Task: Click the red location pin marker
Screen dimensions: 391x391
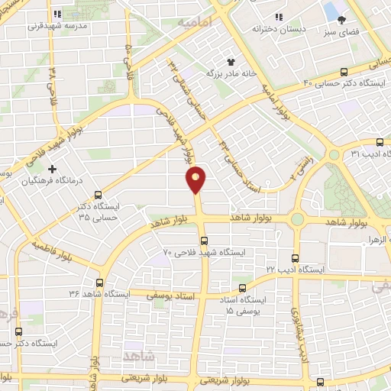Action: tap(196, 179)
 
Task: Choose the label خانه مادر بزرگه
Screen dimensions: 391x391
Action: tap(227, 73)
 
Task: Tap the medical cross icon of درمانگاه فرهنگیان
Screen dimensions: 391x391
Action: tap(52, 169)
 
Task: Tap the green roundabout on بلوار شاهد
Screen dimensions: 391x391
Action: tap(298, 220)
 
